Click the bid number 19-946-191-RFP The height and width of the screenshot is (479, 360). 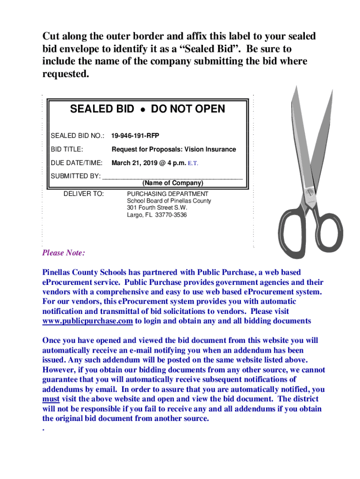tap(135, 136)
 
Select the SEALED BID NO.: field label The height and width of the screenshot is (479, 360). tap(77, 136)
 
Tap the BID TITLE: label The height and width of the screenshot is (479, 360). tap(67, 150)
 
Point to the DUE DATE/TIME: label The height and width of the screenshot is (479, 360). tap(76, 164)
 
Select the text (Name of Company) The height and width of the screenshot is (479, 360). tap(173, 183)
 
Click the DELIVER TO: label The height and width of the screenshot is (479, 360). tap(84, 194)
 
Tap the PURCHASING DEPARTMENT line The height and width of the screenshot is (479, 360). tap(168, 194)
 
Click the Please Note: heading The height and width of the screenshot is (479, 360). tap(64, 253)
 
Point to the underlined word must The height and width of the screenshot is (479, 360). tap(50, 399)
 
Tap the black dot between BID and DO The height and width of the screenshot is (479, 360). tap(141, 110)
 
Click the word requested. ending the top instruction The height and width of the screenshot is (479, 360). tap(65, 74)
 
